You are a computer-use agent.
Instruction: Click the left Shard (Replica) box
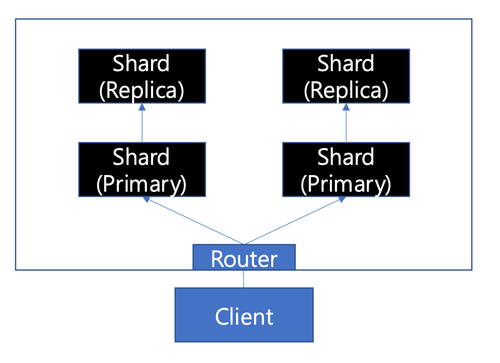click(142, 76)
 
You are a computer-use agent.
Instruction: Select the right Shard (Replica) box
click(346, 76)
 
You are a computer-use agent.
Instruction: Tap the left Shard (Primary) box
click(142, 169)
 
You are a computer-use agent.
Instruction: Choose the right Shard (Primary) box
click(346, 169)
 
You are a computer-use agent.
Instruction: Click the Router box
click(244, 257)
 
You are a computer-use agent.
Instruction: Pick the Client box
click(244, 315)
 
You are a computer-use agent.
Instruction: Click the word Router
click(244, 259)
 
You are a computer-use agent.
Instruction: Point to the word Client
click(244, 317)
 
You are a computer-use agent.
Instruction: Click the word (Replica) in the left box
click(142, 91)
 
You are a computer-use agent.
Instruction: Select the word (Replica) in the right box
click(346, 91)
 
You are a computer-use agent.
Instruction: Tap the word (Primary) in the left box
click(141, 184)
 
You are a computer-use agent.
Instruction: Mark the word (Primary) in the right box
click(346, 184)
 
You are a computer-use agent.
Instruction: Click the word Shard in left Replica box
click(141, 63)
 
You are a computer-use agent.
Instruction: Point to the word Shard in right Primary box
click(346, 157)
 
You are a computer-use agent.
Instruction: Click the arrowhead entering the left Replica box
click(142, 107)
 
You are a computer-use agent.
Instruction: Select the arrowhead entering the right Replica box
click(346, 107)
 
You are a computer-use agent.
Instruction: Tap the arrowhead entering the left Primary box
click(146, 200)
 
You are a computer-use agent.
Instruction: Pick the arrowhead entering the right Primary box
click(341, 200)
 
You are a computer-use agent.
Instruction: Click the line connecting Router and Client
click(244, 279)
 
